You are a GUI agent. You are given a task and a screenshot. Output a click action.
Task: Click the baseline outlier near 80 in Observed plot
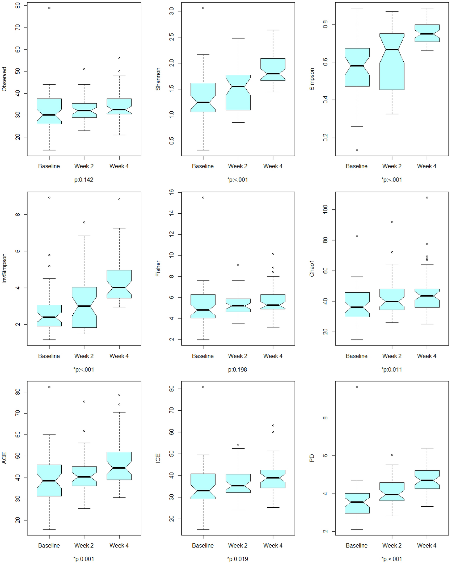[x=49, y=8]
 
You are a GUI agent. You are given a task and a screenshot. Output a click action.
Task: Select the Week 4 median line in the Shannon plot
[x=273, y=74]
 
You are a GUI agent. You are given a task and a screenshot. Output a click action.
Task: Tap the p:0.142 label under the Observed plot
[x=84, y=180]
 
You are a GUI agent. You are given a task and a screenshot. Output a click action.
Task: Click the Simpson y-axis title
[x=312, y=79]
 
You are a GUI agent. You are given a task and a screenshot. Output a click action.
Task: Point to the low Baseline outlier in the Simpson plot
[x=357, y=150]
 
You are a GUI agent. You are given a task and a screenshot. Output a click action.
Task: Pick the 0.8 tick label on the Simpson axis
[x=325, y=25]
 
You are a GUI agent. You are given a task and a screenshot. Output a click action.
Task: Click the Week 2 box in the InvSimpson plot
[x=84, y=307]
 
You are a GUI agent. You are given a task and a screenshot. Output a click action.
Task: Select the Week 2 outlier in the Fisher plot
[x=238, y=265]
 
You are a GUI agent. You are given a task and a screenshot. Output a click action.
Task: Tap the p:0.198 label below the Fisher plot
[x=237, y=369]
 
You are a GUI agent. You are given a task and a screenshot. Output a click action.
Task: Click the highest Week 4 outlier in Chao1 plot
[x=427, y=198]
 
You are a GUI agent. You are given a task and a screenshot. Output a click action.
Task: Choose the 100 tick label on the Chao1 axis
[x=325, y=209]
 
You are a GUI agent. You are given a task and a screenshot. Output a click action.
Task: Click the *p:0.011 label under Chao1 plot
[x=392, y=369]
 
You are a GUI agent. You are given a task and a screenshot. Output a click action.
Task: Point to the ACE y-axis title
[x=4, y=458]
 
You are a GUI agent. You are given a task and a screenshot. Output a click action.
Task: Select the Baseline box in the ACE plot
[x=49, y=480]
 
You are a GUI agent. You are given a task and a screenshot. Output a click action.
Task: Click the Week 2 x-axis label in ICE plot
[x=237, y=545]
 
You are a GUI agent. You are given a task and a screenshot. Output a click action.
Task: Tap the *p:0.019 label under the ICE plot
[x=237, y=559]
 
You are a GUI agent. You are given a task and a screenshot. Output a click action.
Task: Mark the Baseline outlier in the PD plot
[x=357, y=387]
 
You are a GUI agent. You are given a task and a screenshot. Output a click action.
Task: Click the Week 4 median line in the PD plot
[x=427, y=480]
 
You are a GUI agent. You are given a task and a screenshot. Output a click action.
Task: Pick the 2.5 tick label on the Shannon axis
[x=171, y=37]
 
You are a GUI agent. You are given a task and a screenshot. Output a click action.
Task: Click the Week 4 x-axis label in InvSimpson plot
[x=119, y=356]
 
